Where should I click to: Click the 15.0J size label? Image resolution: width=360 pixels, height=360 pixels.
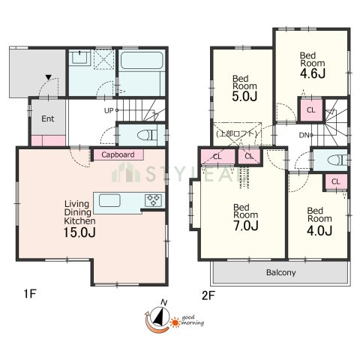tap(79, 232)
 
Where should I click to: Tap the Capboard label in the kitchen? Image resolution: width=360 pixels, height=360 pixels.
tap(118, 154)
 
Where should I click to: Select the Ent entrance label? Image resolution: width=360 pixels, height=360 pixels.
tap(48, 118)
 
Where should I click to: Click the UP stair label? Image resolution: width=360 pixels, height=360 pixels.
tap(109, 110)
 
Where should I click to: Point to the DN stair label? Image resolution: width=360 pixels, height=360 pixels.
tap(304, 135)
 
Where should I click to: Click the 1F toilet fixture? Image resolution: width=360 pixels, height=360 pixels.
tap(147, 135)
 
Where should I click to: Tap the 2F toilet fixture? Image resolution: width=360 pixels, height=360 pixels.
tap(337, 160)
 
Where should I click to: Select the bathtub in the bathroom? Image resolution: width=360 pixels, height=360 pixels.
tap(142, 60)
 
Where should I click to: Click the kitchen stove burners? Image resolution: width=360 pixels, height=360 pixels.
tap(153, 200)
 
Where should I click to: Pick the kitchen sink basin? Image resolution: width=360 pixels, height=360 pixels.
tap(109, 200)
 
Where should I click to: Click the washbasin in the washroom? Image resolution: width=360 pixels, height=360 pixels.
tap(79, 58)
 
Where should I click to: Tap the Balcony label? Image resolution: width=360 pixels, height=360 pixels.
tap(281, 272)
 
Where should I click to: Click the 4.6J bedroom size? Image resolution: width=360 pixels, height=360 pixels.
tap(313, 73)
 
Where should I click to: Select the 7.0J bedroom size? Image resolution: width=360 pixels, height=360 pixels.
tap(246, 226)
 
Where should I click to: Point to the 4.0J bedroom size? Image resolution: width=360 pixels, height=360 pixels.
tap(319, 230)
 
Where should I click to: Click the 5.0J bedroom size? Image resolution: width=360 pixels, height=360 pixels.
tap(244, 96)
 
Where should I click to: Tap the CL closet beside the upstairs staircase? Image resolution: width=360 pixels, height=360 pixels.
tap(310, 110)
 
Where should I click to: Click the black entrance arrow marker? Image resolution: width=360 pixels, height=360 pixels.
tap(49, 77)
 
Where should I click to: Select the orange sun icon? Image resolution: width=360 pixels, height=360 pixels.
tap(175, 322)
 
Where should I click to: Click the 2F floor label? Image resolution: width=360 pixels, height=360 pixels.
tap(208, 296)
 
